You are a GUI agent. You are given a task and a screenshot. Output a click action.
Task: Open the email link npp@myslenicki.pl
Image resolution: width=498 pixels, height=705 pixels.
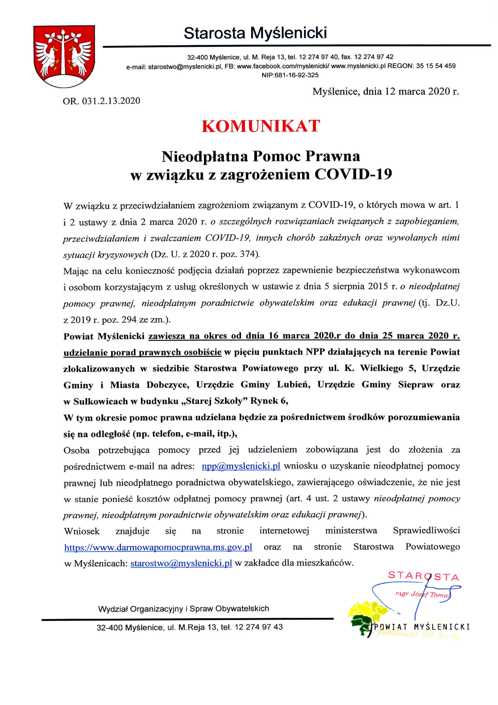[x=241, y=466]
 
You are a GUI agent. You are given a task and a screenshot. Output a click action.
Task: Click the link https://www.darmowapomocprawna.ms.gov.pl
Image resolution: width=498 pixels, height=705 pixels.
[x=158, y=547]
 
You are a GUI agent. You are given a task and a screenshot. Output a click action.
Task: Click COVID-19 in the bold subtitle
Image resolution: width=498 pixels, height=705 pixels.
[x=353, y=174]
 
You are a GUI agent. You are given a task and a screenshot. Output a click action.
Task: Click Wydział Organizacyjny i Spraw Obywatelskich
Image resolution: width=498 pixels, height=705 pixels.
[x=183, y=609]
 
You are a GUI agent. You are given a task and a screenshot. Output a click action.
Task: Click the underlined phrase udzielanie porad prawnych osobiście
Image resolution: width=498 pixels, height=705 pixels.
[x=142, y=352]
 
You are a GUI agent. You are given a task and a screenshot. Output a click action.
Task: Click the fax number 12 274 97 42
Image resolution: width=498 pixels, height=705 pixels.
[x=374, y=57]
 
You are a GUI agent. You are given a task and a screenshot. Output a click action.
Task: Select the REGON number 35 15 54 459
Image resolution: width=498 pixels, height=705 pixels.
[x=436, y=66]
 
